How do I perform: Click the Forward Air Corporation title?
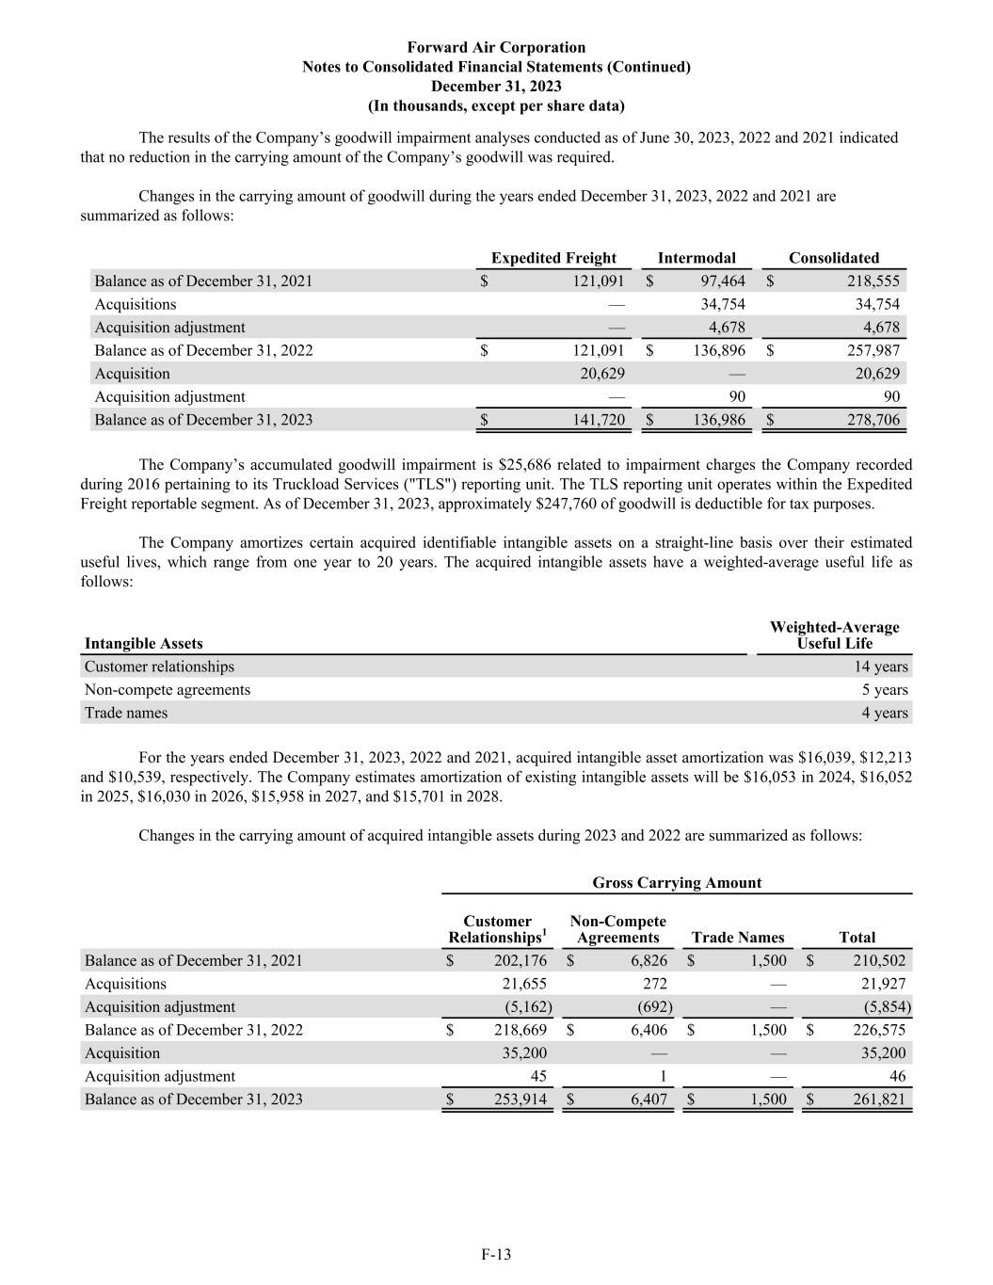(496, 47)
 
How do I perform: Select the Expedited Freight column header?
(553, 258)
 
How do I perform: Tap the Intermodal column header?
(697, 258)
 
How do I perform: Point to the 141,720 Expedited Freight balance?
(599, 420)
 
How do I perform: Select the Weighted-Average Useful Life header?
(834, 635)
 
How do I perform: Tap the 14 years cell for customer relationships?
(881, 667)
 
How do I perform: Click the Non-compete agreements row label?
(168, 690)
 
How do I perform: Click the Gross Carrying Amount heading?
(677, 883)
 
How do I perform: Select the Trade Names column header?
(737, 938)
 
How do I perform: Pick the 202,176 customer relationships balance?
(521, 960)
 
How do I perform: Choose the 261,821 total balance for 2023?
(878, 1100)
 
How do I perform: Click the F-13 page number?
(496, 1254)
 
